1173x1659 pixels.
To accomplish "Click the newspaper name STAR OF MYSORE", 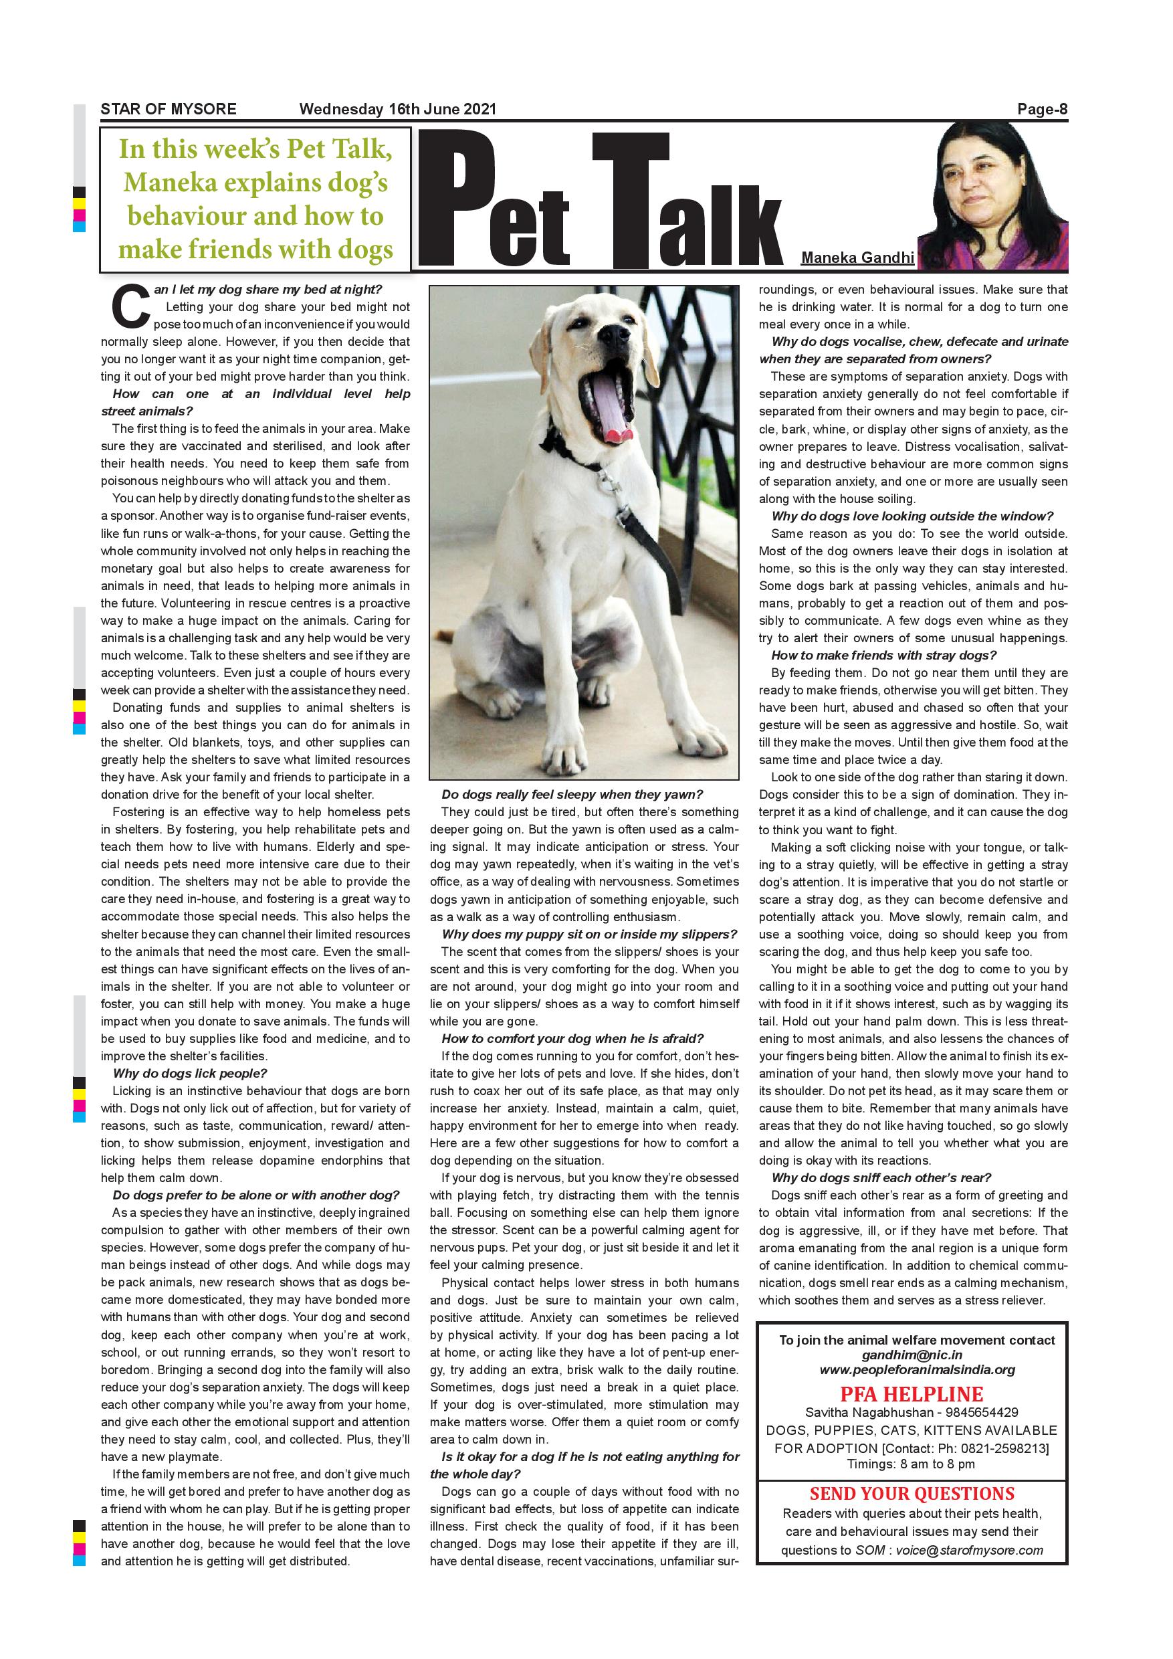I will [169, 109].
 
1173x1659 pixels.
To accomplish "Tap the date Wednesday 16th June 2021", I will [397, 109].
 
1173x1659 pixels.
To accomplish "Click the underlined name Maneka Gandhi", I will [857, 258].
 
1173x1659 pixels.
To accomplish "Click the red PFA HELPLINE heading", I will [911, 1394].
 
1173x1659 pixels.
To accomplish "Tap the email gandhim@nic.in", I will [912, 1355].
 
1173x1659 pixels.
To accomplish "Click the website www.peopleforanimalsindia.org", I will [917, 1369].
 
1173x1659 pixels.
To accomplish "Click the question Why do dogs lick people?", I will [190, 1073].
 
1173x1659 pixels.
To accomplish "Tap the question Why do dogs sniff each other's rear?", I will [881, 1177].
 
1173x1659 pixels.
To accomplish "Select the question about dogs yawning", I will [572, 794].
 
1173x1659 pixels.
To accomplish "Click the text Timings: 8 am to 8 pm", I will [911, 1464].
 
